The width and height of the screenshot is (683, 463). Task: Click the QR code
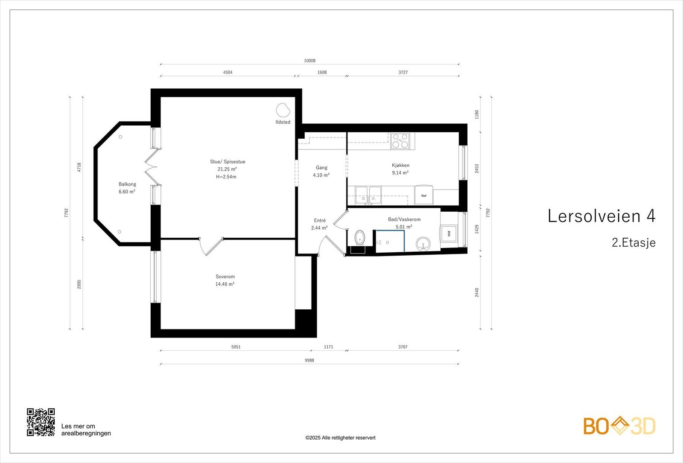click(41, 422)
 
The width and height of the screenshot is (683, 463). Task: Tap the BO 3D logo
click(619, 426)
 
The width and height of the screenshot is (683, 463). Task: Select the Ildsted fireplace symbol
click(283, 110)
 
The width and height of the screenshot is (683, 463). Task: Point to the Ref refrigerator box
click(424, 195)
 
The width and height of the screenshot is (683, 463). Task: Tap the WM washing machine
click(449, 233)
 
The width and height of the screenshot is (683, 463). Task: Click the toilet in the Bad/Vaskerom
click(360, 237)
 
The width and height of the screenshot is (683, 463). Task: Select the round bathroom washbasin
click(423, 244)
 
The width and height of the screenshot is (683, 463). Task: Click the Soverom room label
click(225, 277)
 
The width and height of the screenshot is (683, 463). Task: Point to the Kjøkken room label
click(401, 165)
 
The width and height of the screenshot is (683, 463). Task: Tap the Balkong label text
click(128, 184)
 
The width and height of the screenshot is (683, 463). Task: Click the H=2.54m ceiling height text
click(226, 177)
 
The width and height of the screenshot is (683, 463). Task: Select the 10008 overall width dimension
click(310, 61)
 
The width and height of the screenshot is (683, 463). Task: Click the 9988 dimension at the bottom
click(309, 360)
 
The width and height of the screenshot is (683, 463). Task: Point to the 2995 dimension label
click(79, 284)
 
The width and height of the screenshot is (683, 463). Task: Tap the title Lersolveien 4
click(601, 216)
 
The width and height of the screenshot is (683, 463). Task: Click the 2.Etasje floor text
click(634, 243)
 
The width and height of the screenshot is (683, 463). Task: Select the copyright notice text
click(341, 438)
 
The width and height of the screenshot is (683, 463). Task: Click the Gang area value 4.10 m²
click(321, 175)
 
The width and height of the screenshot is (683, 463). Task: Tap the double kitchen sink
click(368, 195)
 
